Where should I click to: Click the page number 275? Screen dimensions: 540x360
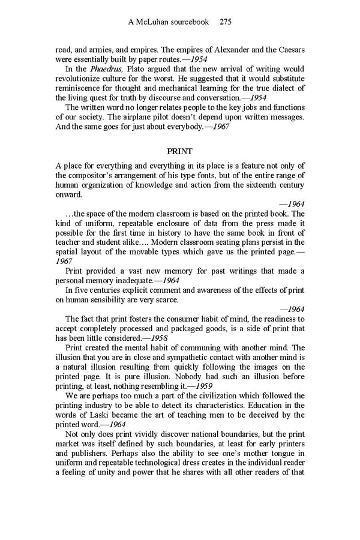pos(226,22)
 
